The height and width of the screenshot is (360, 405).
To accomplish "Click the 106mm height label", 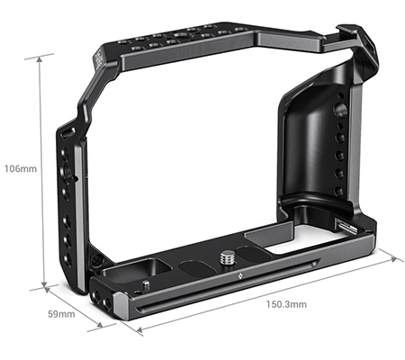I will [19, 168].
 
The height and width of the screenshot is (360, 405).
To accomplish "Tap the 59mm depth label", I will [61, 314].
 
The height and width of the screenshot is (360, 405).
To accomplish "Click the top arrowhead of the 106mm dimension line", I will [40, 57].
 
